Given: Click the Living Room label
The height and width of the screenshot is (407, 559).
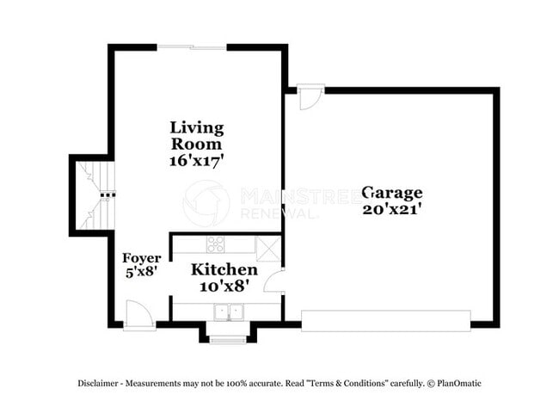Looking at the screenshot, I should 197,136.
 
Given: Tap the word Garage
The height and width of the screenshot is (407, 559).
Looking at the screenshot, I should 391,192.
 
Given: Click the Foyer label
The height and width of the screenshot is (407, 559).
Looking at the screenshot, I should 140,258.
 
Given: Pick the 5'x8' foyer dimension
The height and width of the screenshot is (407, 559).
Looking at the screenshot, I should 140,272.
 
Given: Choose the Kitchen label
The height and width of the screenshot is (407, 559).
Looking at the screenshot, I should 224,270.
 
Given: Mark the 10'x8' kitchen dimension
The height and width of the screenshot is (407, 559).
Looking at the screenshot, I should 224,285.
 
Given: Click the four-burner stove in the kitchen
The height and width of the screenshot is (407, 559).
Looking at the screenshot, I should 216,244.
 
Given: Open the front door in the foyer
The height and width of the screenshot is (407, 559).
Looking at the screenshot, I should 138,314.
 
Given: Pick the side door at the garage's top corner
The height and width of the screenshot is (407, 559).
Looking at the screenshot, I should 311,97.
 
